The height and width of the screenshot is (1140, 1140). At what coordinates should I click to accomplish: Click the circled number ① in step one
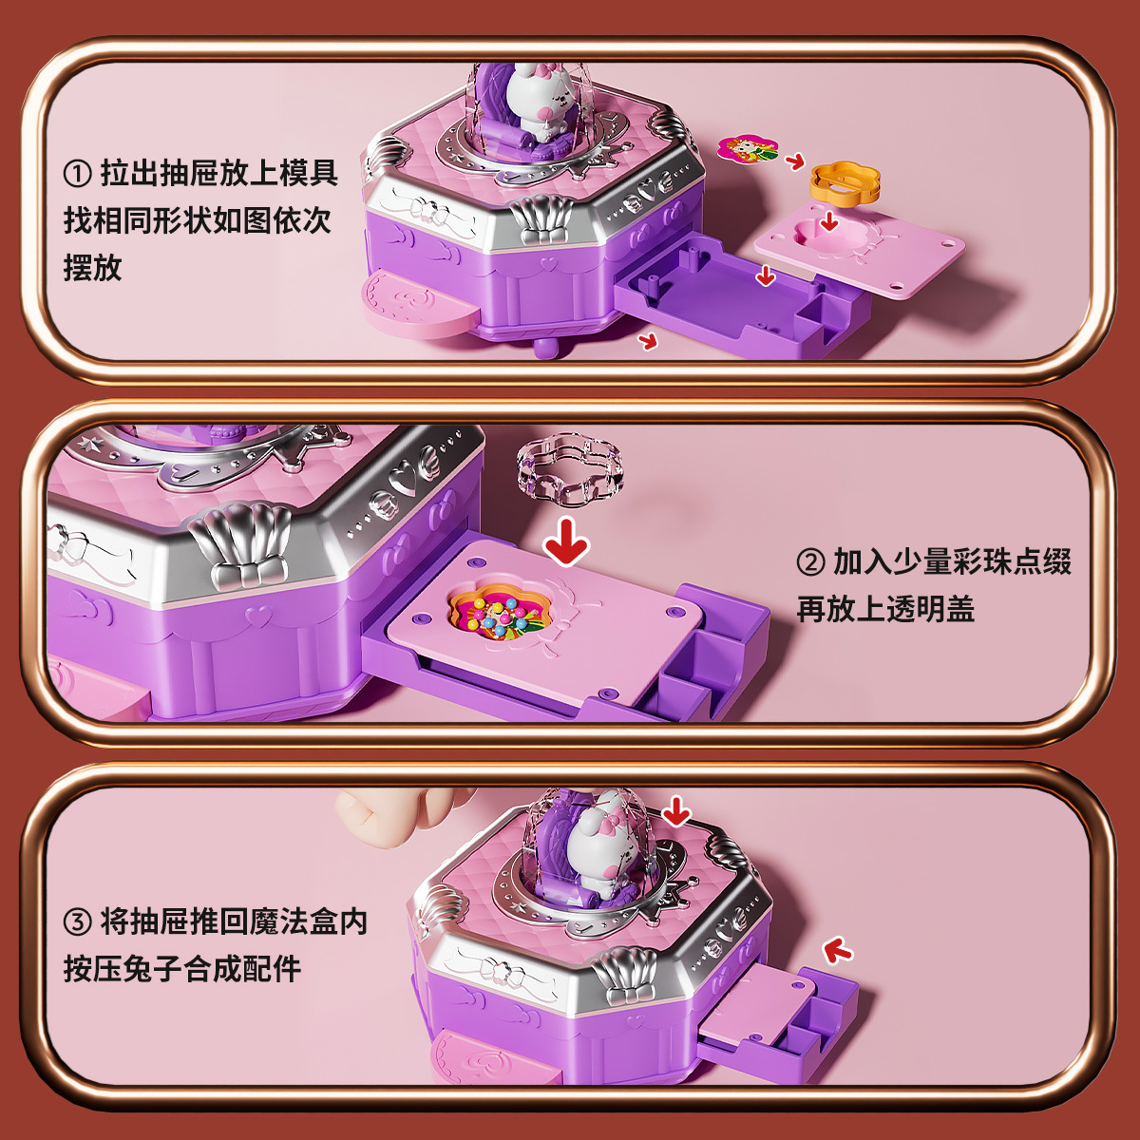[x=79, y=174]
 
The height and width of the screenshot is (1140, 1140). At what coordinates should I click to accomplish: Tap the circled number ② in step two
[x=810, y=562]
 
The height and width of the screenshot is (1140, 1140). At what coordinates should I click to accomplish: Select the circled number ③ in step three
[x=79, y=922]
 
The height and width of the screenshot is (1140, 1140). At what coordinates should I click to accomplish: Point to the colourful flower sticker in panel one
[x=748, y=148]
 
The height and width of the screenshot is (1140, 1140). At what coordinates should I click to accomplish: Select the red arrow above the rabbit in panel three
[x=675, y=811]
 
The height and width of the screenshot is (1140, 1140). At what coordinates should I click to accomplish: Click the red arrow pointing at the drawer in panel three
[x=837, y=949]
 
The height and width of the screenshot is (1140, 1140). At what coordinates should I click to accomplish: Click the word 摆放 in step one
[x=93, y=267]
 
